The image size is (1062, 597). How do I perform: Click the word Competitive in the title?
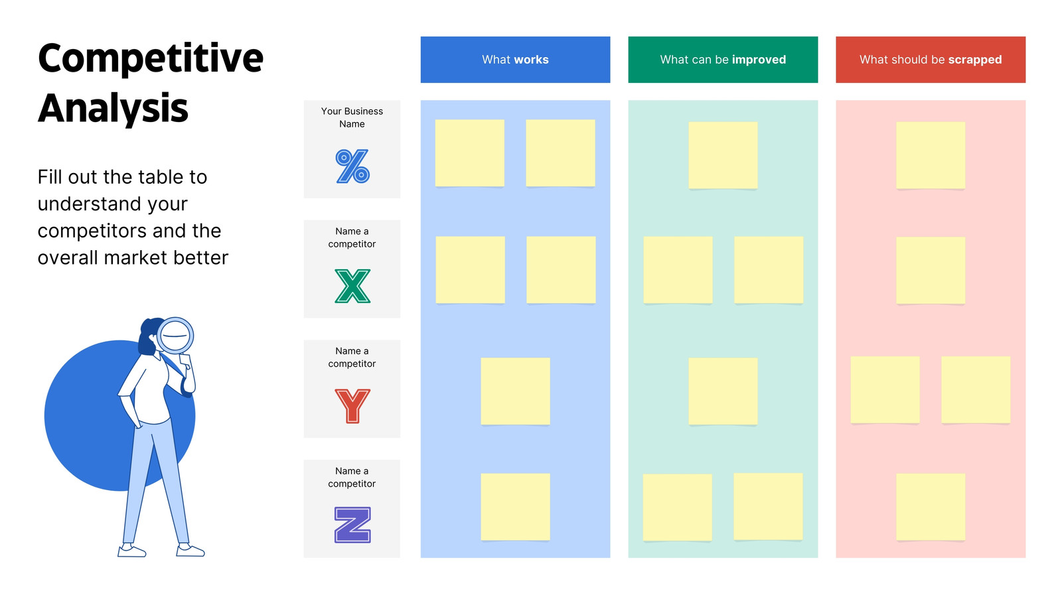click(x=150, y=59)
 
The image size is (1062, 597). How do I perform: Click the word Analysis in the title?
click(x=113, y=109)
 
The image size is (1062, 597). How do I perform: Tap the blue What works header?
click(x=515, y=60)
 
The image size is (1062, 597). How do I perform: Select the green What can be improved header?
click(x=723, y=60)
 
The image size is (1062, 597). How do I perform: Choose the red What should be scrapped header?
click(x=931, y=60)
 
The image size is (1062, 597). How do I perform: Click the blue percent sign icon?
click(x=352, y=166)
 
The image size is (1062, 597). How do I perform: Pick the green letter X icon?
click(x=352, y=286)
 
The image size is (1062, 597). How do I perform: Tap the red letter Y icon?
click(x=352, y=406)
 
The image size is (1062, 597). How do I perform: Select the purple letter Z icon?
click(x=352, y=525)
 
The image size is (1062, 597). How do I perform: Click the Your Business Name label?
click(x=352, y=117)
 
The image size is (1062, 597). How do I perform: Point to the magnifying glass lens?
click(x=175, y=336)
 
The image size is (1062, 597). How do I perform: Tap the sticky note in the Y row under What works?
click(x=515, y=391)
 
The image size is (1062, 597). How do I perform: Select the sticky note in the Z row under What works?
click(x=515, y=507)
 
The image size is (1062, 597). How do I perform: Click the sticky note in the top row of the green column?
click(x=723, y=155)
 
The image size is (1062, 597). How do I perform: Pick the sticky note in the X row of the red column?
click(x=931, y=271)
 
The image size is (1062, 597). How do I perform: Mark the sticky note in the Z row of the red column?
click(x=931, y=507)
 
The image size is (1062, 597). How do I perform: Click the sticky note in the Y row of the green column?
click(x=723, y=391)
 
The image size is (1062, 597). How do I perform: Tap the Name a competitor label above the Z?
click(x=352, y=477)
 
